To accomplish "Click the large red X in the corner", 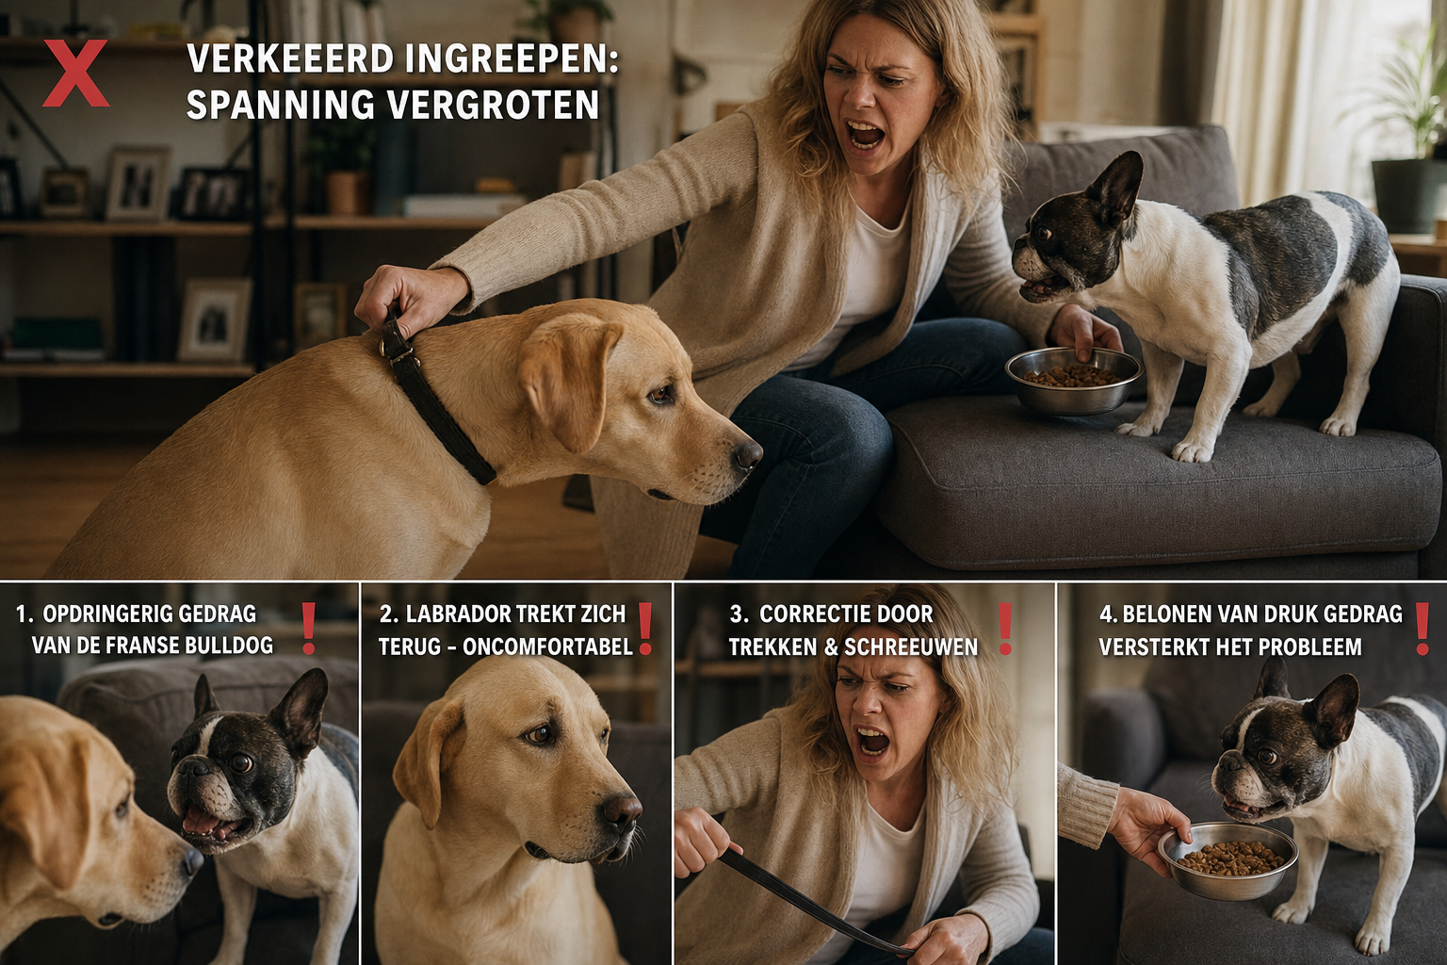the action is click(76, 74).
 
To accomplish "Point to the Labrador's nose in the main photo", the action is click(747, 454).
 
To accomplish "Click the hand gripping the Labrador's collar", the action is click(408, 299).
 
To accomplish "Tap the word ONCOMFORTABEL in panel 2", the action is click(548, 647).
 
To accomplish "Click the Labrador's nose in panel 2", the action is click(622, 812).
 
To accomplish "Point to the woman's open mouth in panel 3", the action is click(872, 741).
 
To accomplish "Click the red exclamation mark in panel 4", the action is click(1423, 629).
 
